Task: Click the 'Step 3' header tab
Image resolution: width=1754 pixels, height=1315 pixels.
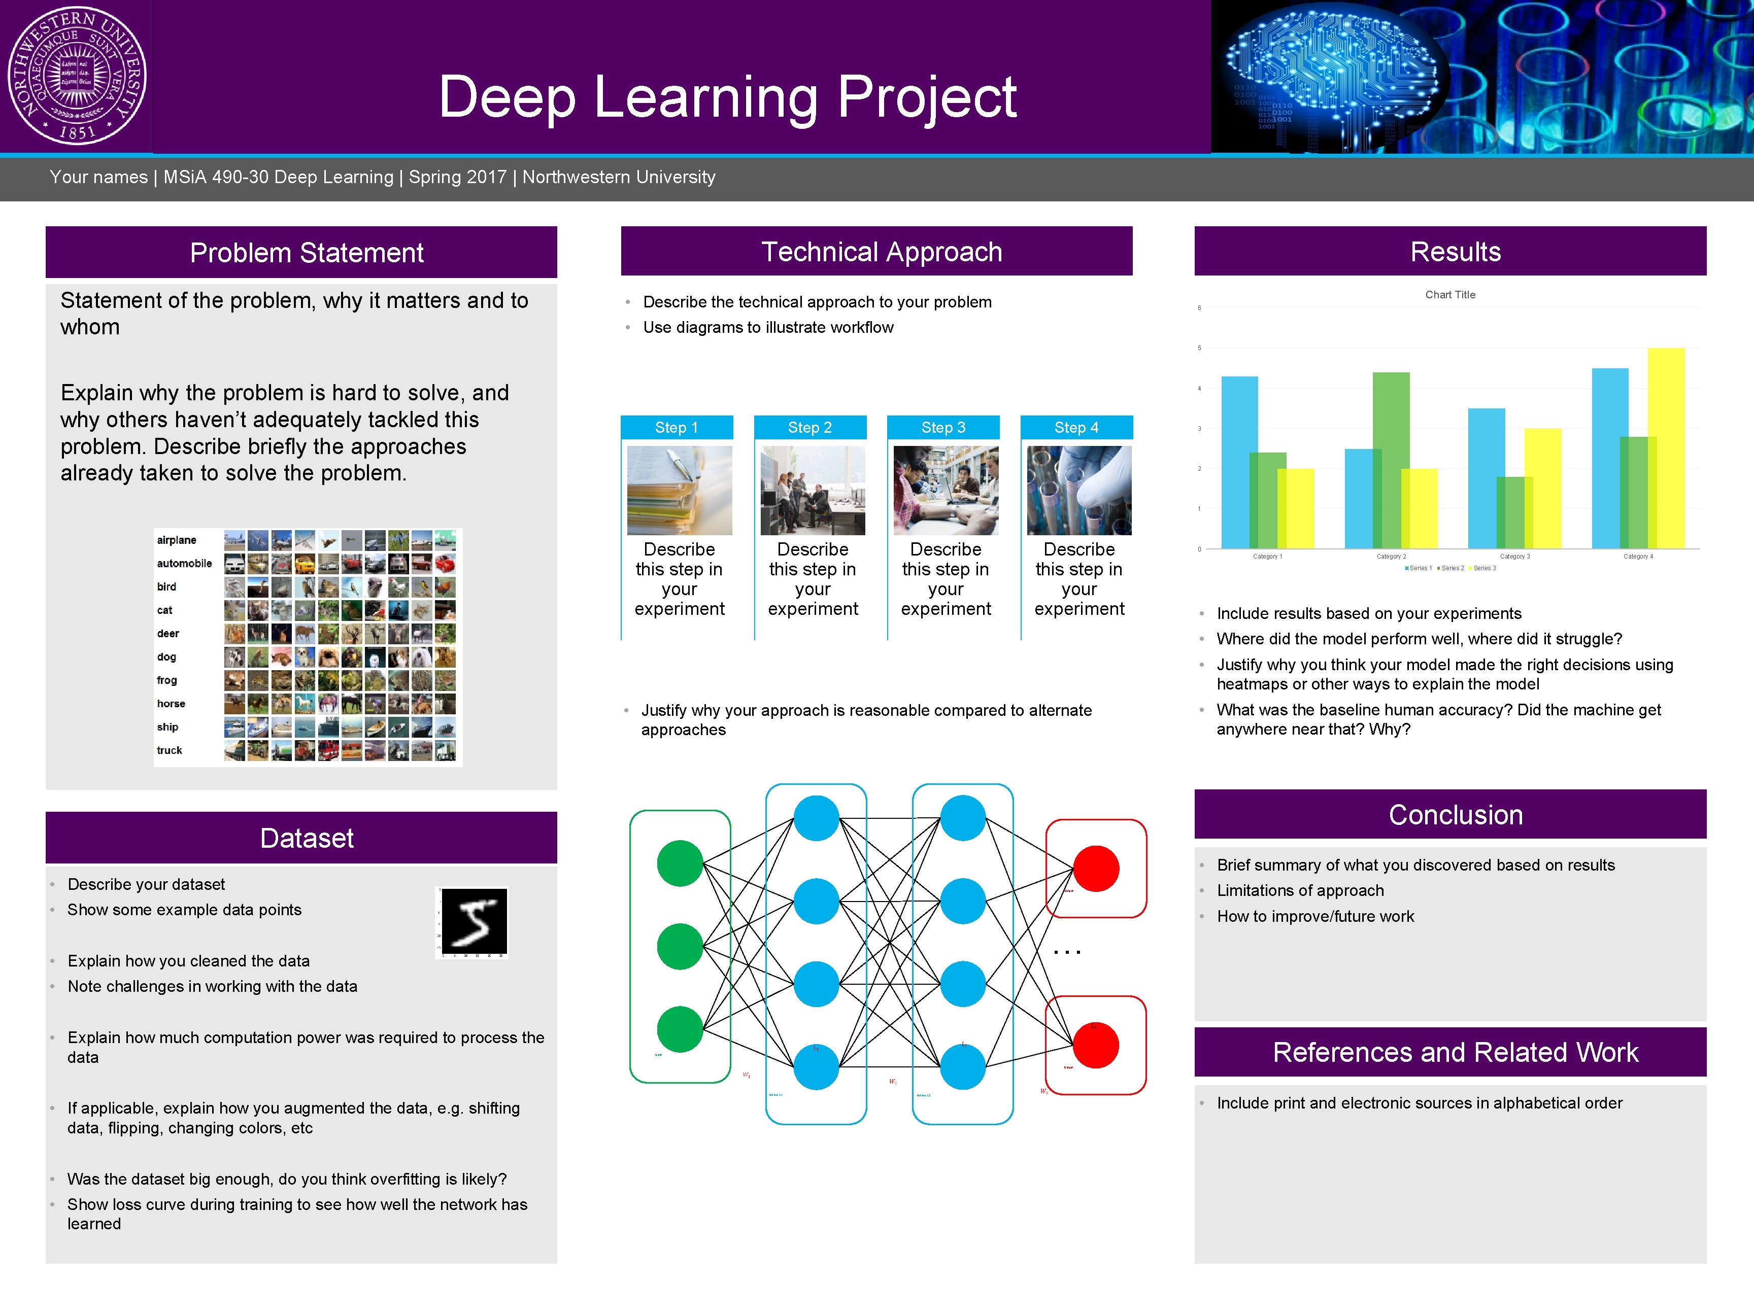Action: (x=943, y=427)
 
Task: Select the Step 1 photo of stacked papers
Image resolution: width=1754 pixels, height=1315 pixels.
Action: (x=680, y=490)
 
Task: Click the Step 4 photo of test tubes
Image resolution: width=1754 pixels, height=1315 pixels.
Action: (x=1078, y=490)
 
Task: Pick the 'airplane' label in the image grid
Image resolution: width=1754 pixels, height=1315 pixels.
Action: (x=176, y=540)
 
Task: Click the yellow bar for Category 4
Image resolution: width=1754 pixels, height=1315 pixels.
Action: (x=1667, y=448)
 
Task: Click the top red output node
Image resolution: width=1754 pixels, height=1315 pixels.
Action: (x=1096, y=869)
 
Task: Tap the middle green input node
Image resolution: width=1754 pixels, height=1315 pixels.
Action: (x=680, y=946)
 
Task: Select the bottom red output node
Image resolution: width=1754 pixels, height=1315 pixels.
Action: (x=1096, y=1046)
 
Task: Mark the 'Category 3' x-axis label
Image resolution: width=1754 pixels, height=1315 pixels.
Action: (x=1514, y=557)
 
